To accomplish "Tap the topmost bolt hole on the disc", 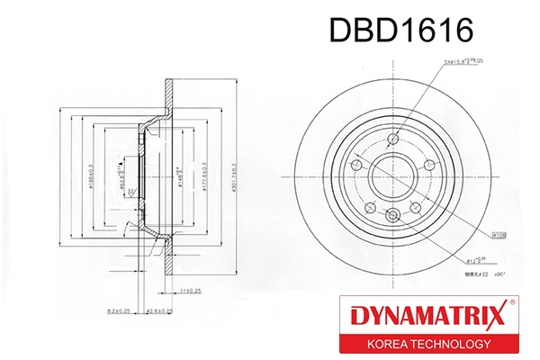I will pos(393,139).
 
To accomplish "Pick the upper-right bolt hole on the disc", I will pos(429,165).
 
